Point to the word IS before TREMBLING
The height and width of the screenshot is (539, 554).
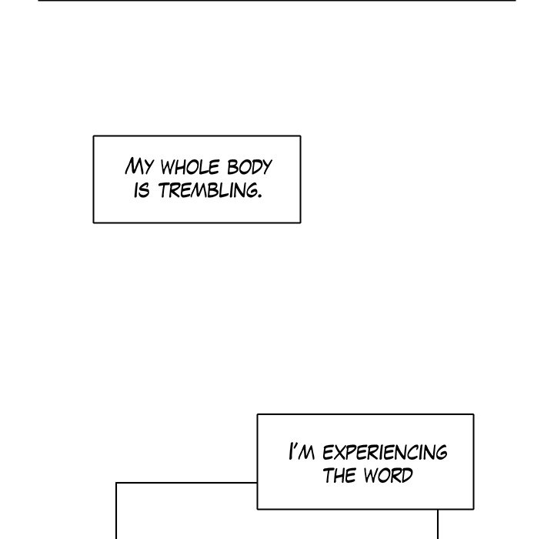142,190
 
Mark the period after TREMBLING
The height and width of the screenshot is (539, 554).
258,196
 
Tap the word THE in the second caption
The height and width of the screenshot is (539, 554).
339,475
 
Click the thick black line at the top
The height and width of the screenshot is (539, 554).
276,1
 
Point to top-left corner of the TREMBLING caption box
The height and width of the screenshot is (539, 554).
94,136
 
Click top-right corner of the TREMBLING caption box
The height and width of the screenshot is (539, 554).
300,136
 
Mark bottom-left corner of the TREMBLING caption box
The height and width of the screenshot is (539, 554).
94,223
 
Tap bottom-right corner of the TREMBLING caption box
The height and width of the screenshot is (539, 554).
300,223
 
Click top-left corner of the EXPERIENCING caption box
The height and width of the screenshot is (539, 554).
257,414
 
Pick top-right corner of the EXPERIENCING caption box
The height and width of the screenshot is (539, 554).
473,414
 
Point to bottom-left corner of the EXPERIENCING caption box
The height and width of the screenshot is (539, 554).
257,509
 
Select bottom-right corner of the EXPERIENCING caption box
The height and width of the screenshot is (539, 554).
473,509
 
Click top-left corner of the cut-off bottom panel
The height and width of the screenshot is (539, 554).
116,484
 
